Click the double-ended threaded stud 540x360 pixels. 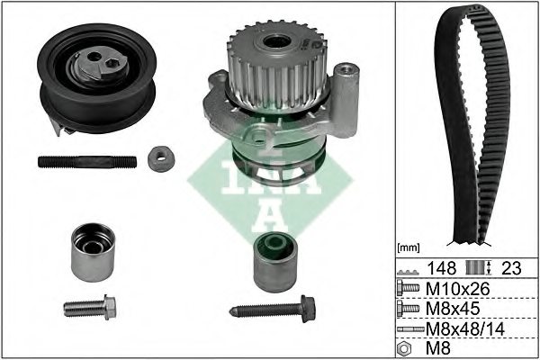[87, 162]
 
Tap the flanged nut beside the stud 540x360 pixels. [161, 158]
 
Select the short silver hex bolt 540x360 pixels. [90, 307]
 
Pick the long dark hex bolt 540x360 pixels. [273, 309]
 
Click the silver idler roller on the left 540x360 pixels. [93, 252]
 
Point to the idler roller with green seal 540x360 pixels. [275, 262]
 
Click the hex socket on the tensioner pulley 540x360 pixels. [112, 63]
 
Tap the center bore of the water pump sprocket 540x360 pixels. [276, 41]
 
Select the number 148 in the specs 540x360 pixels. [442, 268]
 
